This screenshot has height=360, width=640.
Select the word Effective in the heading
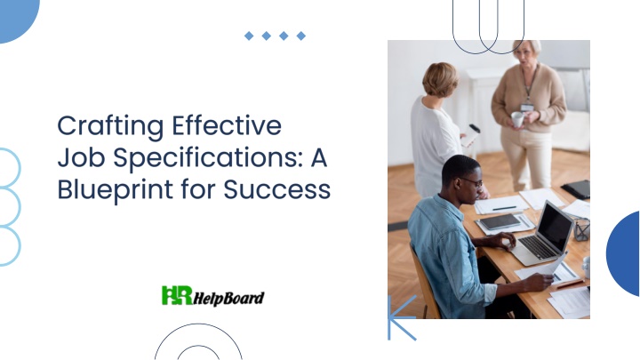pyautogui.click(x=227, y=125)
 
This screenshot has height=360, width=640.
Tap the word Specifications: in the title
pyautogui.click(x=208, y=159)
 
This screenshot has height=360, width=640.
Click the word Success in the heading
pyautogui.click(x=277, y=189)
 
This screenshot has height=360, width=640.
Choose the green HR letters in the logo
pyautogui.click(x=177, y=295)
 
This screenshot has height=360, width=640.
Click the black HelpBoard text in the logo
pyautogui.click(x=228, y=298)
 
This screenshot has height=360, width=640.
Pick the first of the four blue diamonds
pyautogui.click(x=249, y=36)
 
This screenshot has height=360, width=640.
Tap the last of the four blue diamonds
pyautogui.click(x=301, y=36)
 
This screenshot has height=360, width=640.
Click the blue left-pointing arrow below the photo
pyautogui.click(x=402, y=317)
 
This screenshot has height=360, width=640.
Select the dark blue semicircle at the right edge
pyautogui.click(x=623, y=253)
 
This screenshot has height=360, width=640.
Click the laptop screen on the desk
pyautogui.click(x=555, y=226)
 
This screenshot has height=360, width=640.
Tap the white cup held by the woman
pyautogui.click(x=517, y=119)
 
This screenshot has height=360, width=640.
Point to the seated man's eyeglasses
pyautogui.click(x=472, y=181)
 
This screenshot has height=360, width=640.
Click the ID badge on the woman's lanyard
pyautogui.click(x=527, y=108)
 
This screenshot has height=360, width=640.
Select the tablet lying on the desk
pyautogui.click(x=500, y=221)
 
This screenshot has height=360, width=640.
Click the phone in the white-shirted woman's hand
pyautogui.click(x=471, y=135)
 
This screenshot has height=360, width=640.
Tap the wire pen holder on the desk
pyautogui.click(x=581, y=229)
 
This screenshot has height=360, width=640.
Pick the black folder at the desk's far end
pyautogui.click(x=576, y=189)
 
